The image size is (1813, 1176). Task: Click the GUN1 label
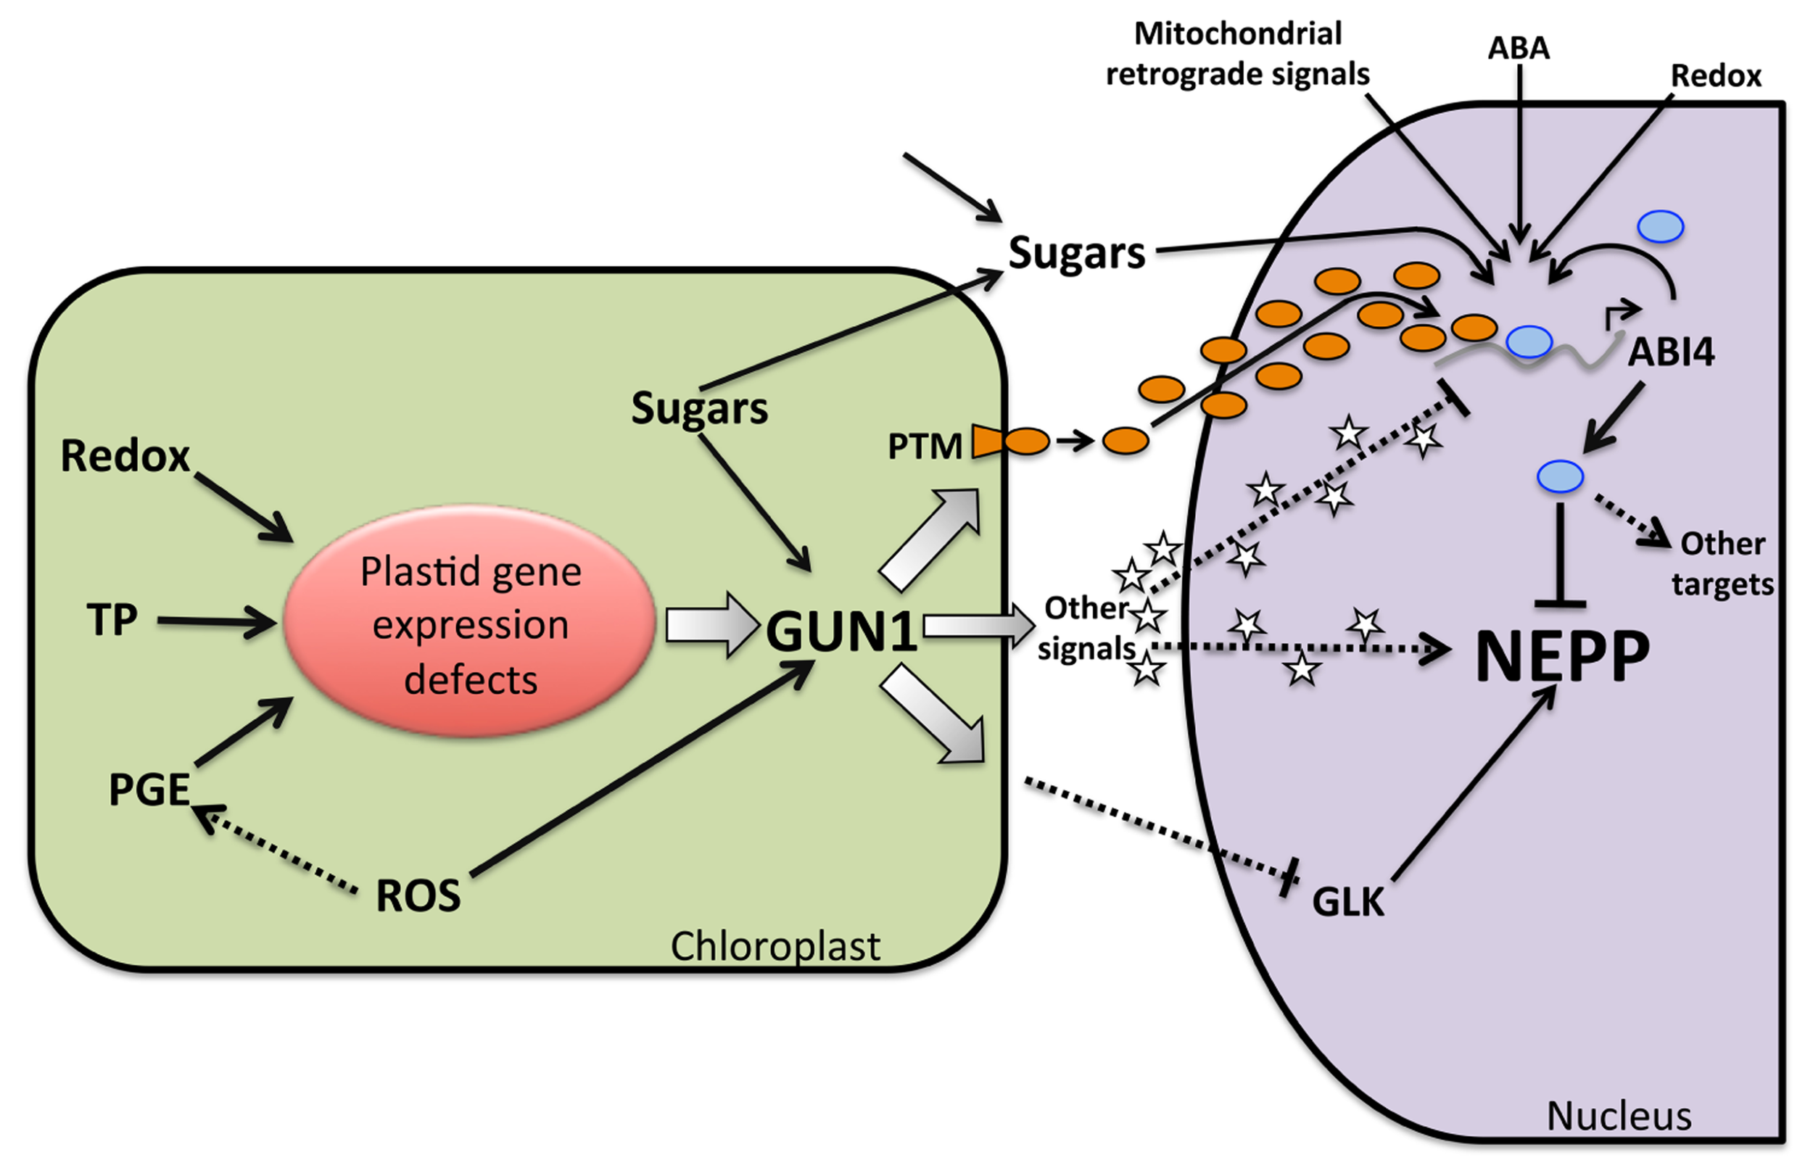pos(841,632)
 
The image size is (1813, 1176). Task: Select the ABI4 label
pos(1671,352)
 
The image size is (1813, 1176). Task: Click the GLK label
pos(1347,903)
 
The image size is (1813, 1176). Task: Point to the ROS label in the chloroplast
pos(418,895)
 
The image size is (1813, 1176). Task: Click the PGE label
pos(149,790)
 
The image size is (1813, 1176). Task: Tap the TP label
pos(112,620)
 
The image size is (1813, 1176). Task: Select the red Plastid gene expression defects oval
pos(470,621)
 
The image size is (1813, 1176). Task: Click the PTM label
pos(925,447)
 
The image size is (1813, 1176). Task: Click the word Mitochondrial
pos(1238,33)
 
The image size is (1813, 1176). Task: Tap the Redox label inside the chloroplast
pos(125,456)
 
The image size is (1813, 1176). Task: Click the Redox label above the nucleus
pos(1716,76)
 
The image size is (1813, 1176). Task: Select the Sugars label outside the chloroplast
pos(1076,253)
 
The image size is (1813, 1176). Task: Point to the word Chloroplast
pos(775,947)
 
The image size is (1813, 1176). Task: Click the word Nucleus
pos(1619,1117)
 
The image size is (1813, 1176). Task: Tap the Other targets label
pos(1722,564)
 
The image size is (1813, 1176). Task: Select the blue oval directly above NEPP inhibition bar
pos(1560,477)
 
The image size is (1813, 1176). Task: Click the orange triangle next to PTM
pos(988,442)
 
